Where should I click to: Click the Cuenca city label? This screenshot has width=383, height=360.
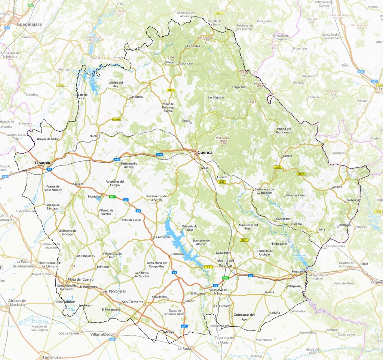pos(205,152)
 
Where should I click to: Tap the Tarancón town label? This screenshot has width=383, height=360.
pos(42,163)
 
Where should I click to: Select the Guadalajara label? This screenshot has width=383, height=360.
pos(29,24)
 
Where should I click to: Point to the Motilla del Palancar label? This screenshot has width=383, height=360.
pos(226,263)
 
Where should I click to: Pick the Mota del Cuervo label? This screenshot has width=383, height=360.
pos(80,280)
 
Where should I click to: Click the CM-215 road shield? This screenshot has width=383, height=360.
pos(301,174)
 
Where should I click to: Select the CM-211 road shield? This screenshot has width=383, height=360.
pos(244,240)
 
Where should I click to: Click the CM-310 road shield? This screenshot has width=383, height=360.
pos(116,119)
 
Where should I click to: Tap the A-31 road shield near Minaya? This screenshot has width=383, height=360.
pos(184,326)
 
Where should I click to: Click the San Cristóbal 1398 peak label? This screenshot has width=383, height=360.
pos(206,39)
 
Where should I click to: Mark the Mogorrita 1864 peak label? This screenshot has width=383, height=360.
pos(260,85)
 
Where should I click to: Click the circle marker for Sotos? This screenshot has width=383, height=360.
pos(191,122)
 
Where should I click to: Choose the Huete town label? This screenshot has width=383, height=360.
pos(94,135)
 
